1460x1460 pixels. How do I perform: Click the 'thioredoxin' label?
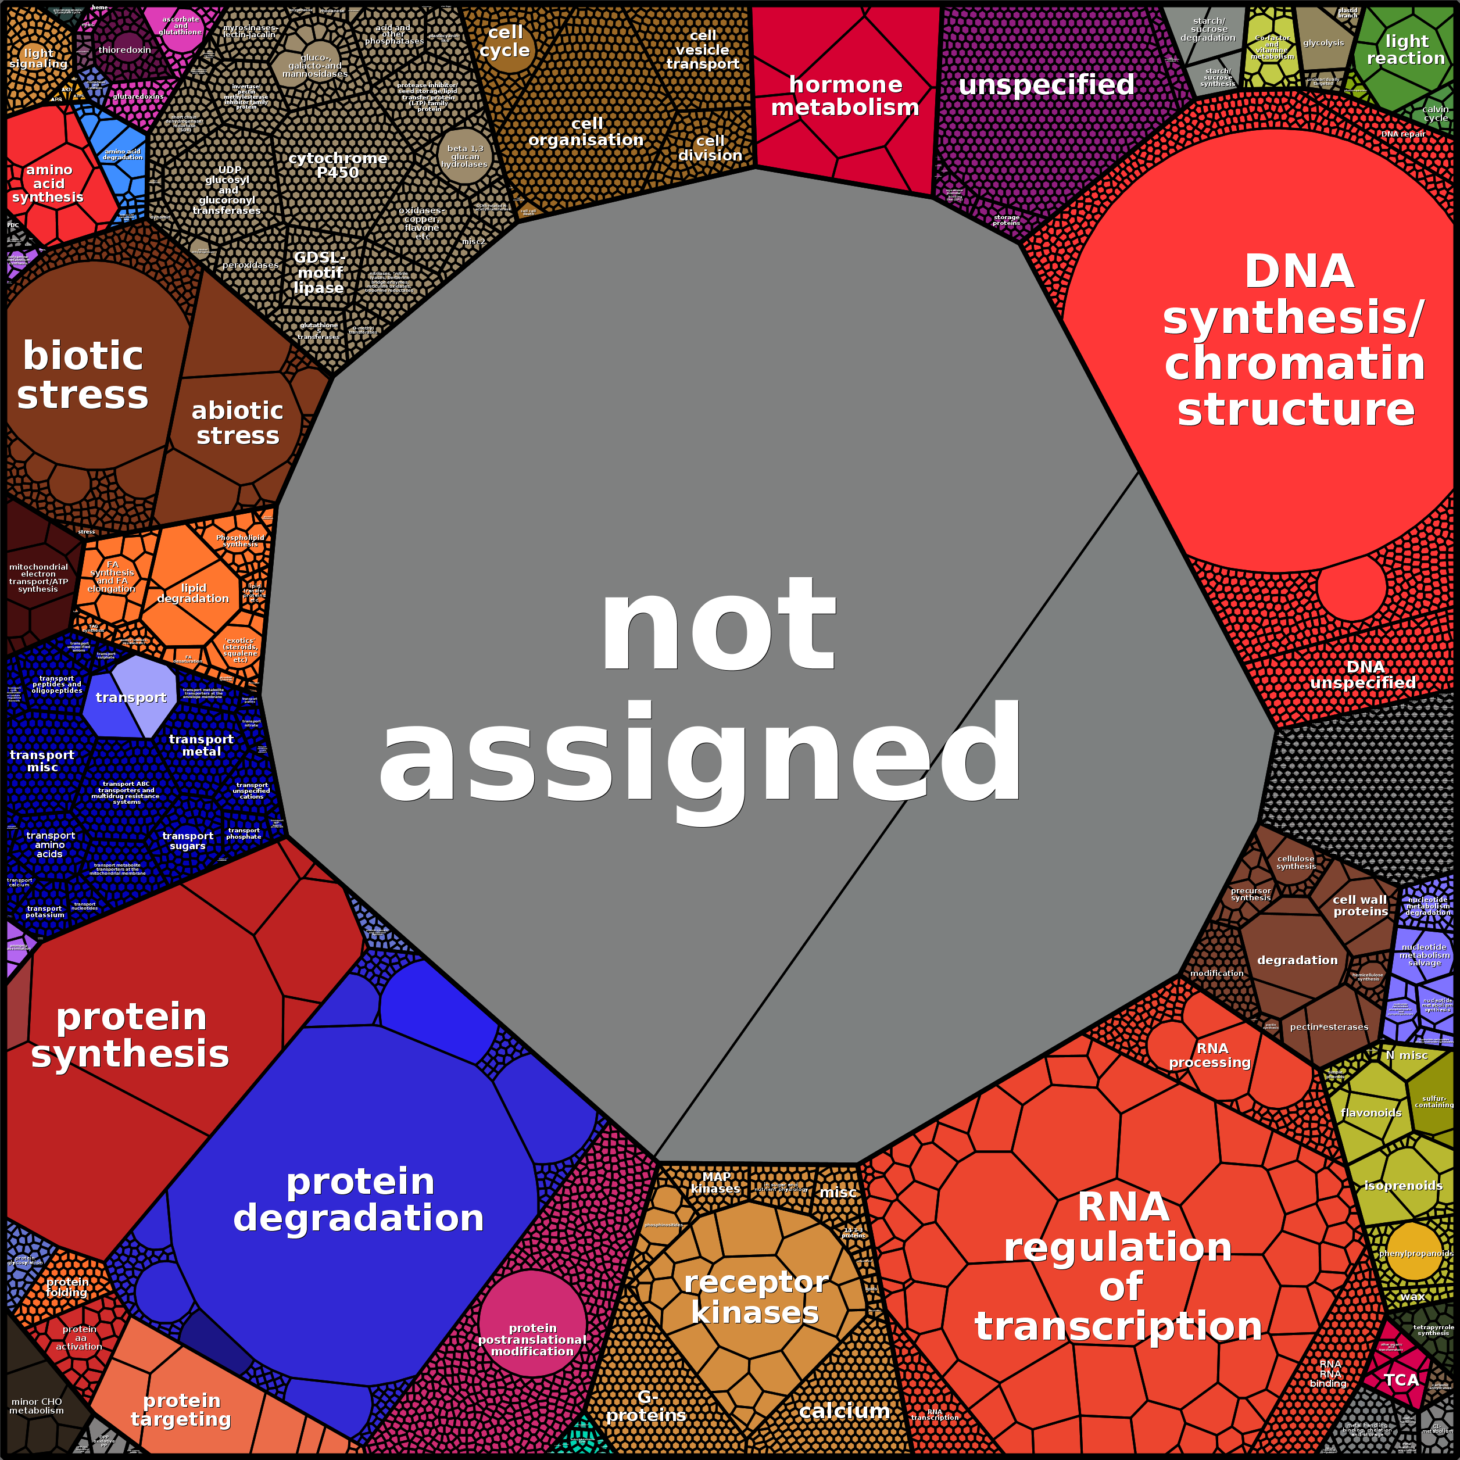tap(125, 50)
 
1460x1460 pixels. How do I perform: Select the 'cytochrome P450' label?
tap(338, 164)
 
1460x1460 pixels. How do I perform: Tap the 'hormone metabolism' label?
tap(845, 96)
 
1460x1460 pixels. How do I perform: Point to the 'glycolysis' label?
tap(1323, 43)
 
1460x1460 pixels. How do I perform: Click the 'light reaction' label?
tap(1405, 50)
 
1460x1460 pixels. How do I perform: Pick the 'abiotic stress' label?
tap(237, 423)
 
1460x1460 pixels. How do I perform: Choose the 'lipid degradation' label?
tap(193, 593)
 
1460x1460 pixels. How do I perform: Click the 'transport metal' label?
tap(201, 745)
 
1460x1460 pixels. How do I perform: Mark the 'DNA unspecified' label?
tap(1364, 675)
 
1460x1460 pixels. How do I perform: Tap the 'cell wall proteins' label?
tap(1360, 906)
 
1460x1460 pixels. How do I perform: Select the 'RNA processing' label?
tap(1211, 1055)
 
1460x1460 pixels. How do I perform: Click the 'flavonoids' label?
tap(1371, 1113)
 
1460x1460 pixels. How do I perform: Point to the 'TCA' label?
tap(1402, 1380)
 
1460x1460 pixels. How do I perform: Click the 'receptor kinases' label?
tap(756, 1297)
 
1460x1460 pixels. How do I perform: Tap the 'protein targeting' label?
tap(181, 1410)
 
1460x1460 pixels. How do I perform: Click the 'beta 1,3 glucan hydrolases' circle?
tap(465, 156)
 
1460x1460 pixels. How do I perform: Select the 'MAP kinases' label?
tap(715, 1183)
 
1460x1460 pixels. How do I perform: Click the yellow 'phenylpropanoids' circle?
tap(1415, 1251)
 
